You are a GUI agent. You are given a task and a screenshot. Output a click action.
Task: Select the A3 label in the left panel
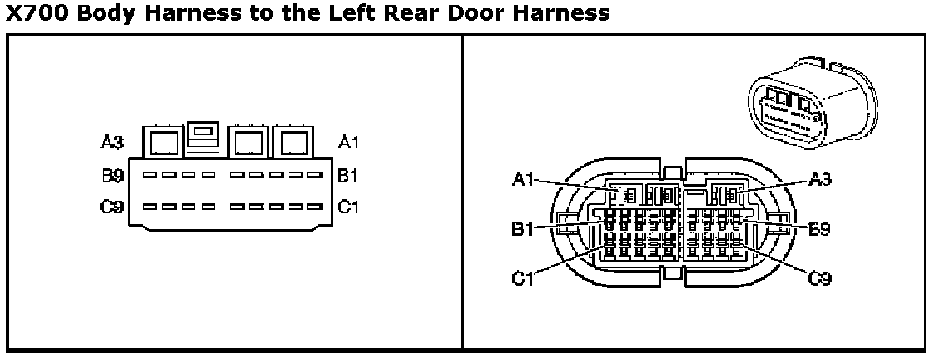[x=112, y=143]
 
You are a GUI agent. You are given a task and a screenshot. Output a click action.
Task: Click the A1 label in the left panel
[x=349, y=143]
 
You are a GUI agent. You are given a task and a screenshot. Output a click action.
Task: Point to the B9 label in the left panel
[x=113, y=175]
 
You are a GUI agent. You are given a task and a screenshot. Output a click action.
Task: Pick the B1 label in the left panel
[x=348, y=175]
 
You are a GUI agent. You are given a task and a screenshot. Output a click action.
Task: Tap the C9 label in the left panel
[x=113, y=207]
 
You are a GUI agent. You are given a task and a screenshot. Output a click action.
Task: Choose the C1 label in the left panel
[x=348, y=207]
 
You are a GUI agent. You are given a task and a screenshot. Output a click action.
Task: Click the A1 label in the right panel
[x=522, y=179]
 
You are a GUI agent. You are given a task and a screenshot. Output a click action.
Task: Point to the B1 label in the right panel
[x=522, y=229]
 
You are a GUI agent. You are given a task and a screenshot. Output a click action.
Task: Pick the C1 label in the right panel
[x=522, y=279]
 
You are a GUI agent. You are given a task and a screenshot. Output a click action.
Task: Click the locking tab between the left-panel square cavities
[x=204, y=137]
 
